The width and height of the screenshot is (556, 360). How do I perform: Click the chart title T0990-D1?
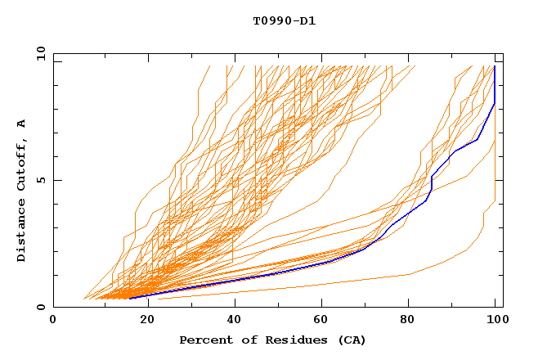[284, 21]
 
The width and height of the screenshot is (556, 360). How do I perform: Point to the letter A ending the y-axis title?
[21, 124]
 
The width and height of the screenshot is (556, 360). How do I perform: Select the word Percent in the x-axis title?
[204, 340]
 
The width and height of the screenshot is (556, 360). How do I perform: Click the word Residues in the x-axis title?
[289, 340]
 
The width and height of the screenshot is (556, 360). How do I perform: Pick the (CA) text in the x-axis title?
[349, 340]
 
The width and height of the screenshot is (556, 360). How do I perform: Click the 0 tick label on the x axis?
[54, 320]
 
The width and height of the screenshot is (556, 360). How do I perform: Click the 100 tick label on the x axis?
[495, 320]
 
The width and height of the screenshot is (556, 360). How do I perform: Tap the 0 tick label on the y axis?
[40, 307]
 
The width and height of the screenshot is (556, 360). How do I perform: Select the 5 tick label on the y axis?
[40, 180]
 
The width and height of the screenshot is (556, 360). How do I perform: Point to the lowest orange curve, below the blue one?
[327, 284]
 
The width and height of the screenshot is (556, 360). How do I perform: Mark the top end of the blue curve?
[495, 67]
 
